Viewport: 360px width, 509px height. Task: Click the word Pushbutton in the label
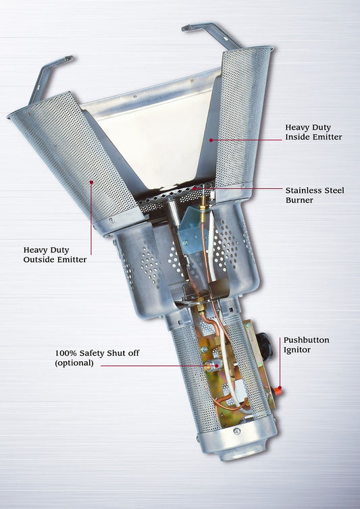(306, 340)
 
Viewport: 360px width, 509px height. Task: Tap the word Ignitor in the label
(299, 351)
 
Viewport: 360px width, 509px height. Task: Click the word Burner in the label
(300, 200)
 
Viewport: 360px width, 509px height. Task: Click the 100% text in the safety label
(66, 352)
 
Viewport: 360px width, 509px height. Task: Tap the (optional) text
(76, 363)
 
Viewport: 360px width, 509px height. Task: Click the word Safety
(94, 352)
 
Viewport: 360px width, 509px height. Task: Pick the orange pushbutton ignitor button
(278, 392)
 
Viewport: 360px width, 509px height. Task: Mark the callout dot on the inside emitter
(210, 140)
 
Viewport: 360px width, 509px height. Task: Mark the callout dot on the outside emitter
(91, 181)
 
